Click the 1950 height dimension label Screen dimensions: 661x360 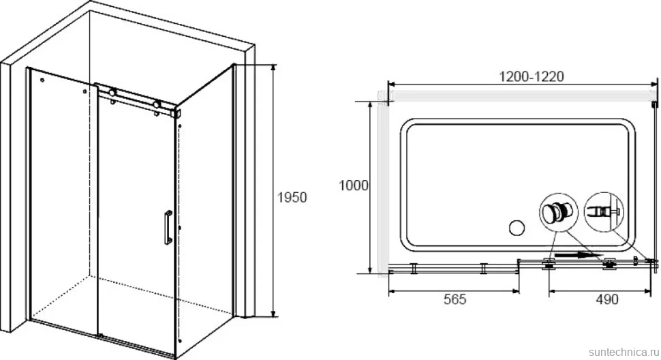[292, 197]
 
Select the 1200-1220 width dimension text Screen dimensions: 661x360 [531, 76]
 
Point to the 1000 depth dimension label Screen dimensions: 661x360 [354, 185]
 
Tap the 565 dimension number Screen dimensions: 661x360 [455, 299]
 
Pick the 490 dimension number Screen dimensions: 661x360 [607, 299]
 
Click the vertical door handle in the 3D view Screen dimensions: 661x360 [168, 227]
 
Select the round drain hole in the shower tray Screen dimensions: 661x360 [517, 228]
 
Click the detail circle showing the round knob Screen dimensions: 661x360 [559, 211]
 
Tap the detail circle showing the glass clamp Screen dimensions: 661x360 [604, 211]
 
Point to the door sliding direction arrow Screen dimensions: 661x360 [579, 254]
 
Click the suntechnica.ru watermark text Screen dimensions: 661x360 [624, 352]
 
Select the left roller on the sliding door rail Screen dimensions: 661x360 [112, 92]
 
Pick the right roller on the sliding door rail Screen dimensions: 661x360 [157, 104]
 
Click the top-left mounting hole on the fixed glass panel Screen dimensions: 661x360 [42, 79]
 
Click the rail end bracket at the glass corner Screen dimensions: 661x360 [176, 113]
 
